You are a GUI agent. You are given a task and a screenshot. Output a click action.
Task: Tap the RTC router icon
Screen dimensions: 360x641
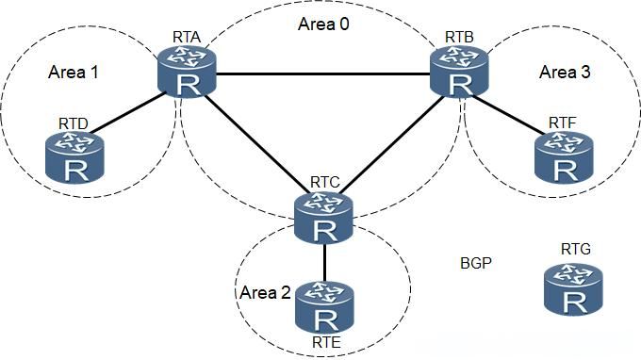[322, 218]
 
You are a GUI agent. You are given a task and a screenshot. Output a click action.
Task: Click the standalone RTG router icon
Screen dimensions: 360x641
[572, 289]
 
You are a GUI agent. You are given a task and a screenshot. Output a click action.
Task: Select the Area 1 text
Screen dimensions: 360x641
[73, 72]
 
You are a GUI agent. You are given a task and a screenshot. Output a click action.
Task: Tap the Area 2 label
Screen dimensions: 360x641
[265, 292]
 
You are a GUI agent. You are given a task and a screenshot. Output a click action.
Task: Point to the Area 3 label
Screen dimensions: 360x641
[564, 72]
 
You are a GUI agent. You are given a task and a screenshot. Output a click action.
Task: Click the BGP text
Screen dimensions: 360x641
[476, 261]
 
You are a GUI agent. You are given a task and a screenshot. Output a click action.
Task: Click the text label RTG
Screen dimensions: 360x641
[575, 250]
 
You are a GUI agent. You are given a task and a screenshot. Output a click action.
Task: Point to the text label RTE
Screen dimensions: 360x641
[323, 341]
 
